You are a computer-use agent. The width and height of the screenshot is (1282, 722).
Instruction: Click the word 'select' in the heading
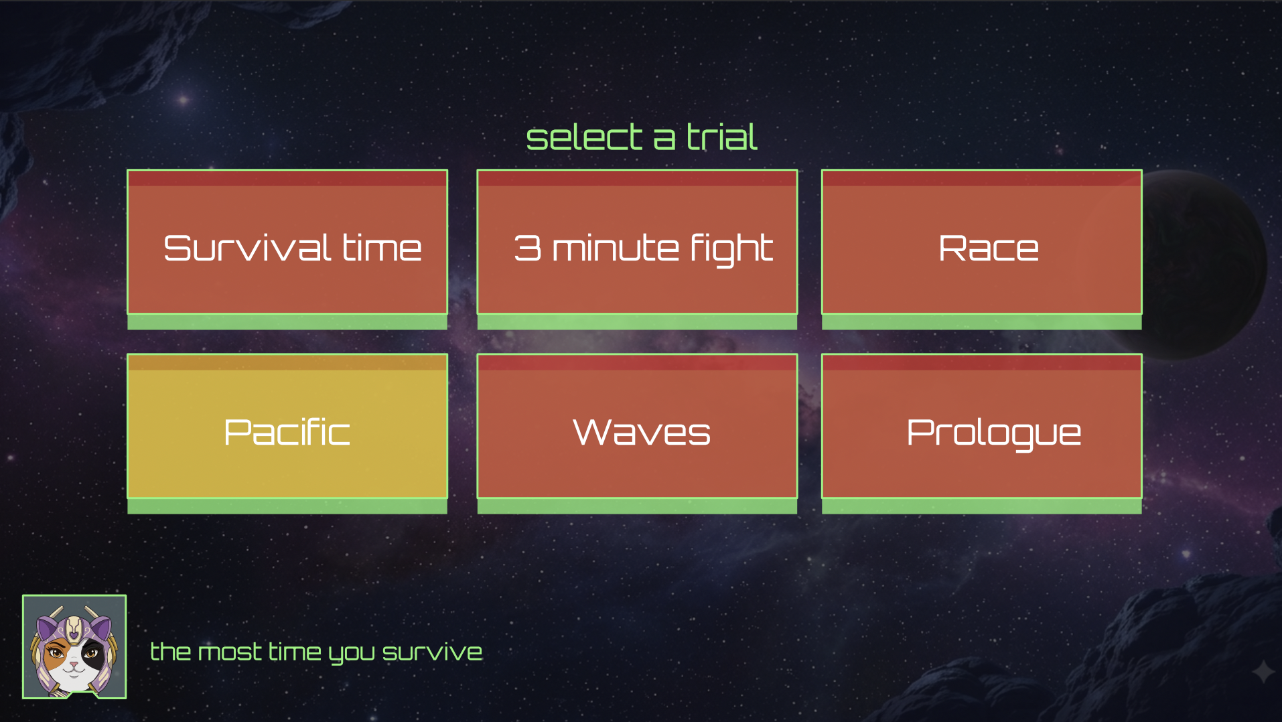coord(585,137)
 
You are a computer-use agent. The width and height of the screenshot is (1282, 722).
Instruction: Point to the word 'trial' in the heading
coord(722,137)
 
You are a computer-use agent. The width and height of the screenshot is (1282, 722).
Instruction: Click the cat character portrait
coord(74,647)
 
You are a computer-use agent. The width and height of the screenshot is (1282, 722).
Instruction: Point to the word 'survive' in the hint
coord(432,652)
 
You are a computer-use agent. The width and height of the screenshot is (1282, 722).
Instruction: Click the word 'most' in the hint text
coord(230,652)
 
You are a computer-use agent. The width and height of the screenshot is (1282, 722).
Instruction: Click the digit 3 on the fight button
coord(528,248)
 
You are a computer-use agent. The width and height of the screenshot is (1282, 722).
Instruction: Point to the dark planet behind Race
coord(1206,265)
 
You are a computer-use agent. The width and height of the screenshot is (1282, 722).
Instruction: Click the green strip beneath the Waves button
coord(637,507)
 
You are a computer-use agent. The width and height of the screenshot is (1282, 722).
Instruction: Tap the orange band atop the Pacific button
coord(287,362)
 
